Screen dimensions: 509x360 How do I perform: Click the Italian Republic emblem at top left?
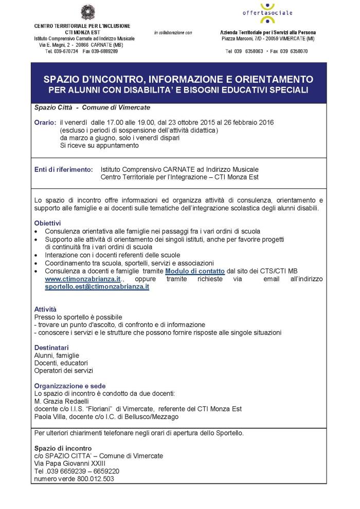pos(84,11)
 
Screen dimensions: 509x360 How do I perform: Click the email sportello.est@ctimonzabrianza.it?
pos(97,287)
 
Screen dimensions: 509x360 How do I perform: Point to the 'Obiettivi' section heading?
pos(47,224)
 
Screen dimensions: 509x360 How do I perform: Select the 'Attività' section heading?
pos(45,310)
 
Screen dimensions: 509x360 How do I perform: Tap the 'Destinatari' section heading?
pos(51,348)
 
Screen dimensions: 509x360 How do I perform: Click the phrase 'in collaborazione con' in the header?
pos(173,33)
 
